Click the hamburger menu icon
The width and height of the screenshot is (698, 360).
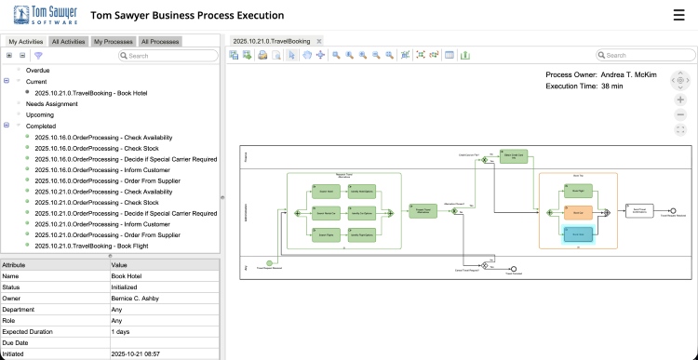coord(678,15)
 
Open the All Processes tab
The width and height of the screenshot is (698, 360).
coord(160,41)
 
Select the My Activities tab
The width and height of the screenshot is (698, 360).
coord(25,41)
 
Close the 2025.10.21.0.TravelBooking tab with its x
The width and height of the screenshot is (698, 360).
coord(319,41)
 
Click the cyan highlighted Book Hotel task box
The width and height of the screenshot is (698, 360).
coord(577,233)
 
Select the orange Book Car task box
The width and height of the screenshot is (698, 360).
coord(577,211)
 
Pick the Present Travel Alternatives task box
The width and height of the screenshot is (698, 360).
coord(421,211)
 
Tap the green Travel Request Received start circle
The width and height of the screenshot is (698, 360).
coord(270,264)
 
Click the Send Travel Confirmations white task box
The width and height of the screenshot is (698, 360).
coord(638,211)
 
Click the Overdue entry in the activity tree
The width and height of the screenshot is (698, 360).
coord(38,70)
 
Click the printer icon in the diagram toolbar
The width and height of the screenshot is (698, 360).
coord(263,55)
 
